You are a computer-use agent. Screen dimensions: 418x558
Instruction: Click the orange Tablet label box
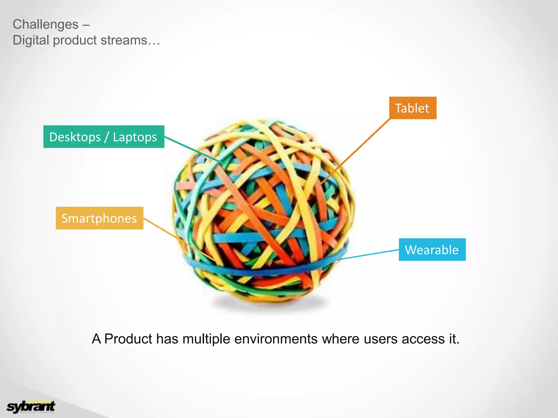pyautogui.click(x=413, y=108)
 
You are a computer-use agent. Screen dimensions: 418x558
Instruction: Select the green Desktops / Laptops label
pyautogui.click(x=104, y=137)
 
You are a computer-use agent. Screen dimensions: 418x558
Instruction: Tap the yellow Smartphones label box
pyautogui.click(x=99, y=218)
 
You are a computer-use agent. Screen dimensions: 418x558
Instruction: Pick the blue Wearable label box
pyautogui.click(x=432, y=250)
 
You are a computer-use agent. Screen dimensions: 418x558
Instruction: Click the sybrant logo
pyautogui.click(x=31, y=407)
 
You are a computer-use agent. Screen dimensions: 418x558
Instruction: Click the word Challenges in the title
pyautogui.click(x=46, y=24)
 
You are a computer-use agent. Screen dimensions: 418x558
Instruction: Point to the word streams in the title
pyautogui.click(x=124, y=40)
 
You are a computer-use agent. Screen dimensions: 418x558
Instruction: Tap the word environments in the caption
pyautogui.click(x=276, y=339)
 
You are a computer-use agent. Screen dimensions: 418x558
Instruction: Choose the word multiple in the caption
pyautogui.click(x=206, y=339)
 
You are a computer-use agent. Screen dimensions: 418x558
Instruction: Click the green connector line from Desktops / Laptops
pyautogui.click(x=193, y=150)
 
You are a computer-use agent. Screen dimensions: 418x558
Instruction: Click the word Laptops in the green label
pyautogui.click(x=135, y=137)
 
